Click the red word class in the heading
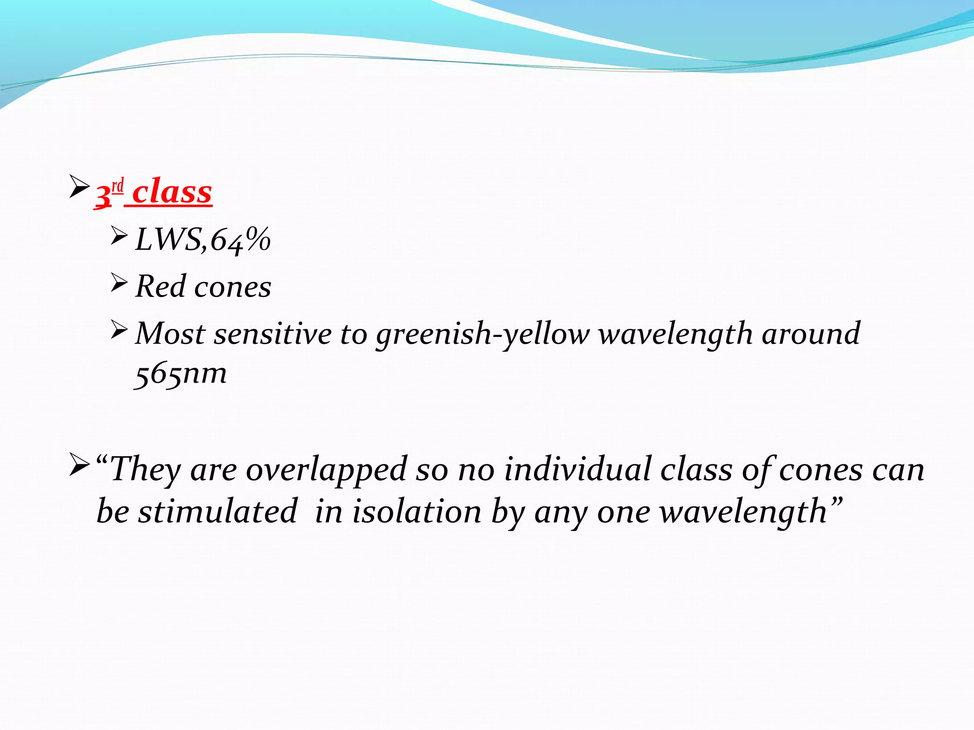[172, 192]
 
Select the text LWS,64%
[203, 240]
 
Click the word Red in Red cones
[160, 287]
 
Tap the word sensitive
[273, 334]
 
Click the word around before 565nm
[811, 334]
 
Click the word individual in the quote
[577, 470]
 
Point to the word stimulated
[217, 512]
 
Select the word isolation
[417, 512]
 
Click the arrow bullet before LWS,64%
[119, 236]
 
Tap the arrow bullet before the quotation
[79, 465]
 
